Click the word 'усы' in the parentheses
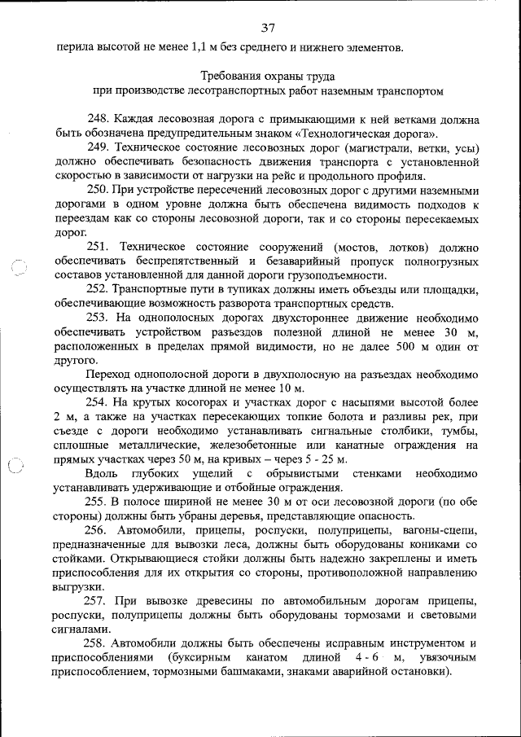tap(463, 147)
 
